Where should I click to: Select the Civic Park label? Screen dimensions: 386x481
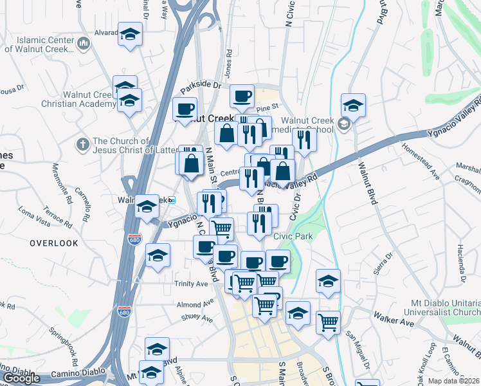pyautogui.click(x=293, y=236)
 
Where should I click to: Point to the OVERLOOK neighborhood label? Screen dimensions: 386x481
pyautogui.click(x=53, y=243)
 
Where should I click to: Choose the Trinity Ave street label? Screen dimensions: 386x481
pyautogui.click(x=190, y=283)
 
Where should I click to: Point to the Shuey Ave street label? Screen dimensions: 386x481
pyautogui.click(x=196, y=317)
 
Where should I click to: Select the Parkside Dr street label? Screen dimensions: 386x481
pyautogui.click(x=200, y=85)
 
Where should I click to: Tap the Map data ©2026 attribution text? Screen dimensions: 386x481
pyautogui.click(x=453, y=381)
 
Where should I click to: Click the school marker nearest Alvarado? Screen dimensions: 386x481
pyautogui.click(x=130, y=34)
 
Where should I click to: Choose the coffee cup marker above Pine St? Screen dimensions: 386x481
pyautogui.click(x=242, y=96)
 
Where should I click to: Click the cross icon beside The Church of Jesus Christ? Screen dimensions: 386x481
pyautogui.click(x=82, y=145)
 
